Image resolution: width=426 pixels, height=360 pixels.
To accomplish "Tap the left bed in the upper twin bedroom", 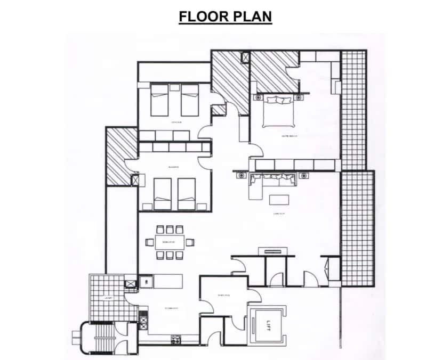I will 159,100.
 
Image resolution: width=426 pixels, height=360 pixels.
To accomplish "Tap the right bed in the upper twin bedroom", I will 189,100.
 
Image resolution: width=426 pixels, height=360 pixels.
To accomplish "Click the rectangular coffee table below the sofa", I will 279,200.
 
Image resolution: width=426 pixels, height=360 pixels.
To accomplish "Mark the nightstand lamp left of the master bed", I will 259,97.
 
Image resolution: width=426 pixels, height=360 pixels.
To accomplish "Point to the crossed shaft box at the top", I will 245,56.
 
